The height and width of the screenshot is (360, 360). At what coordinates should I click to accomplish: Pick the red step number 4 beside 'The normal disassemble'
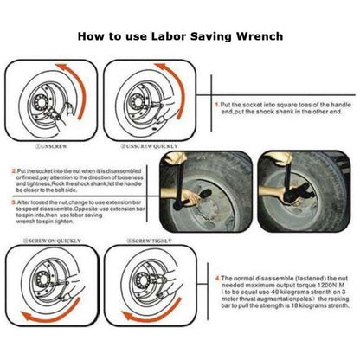pyautogui.click(x=216, y=279)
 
